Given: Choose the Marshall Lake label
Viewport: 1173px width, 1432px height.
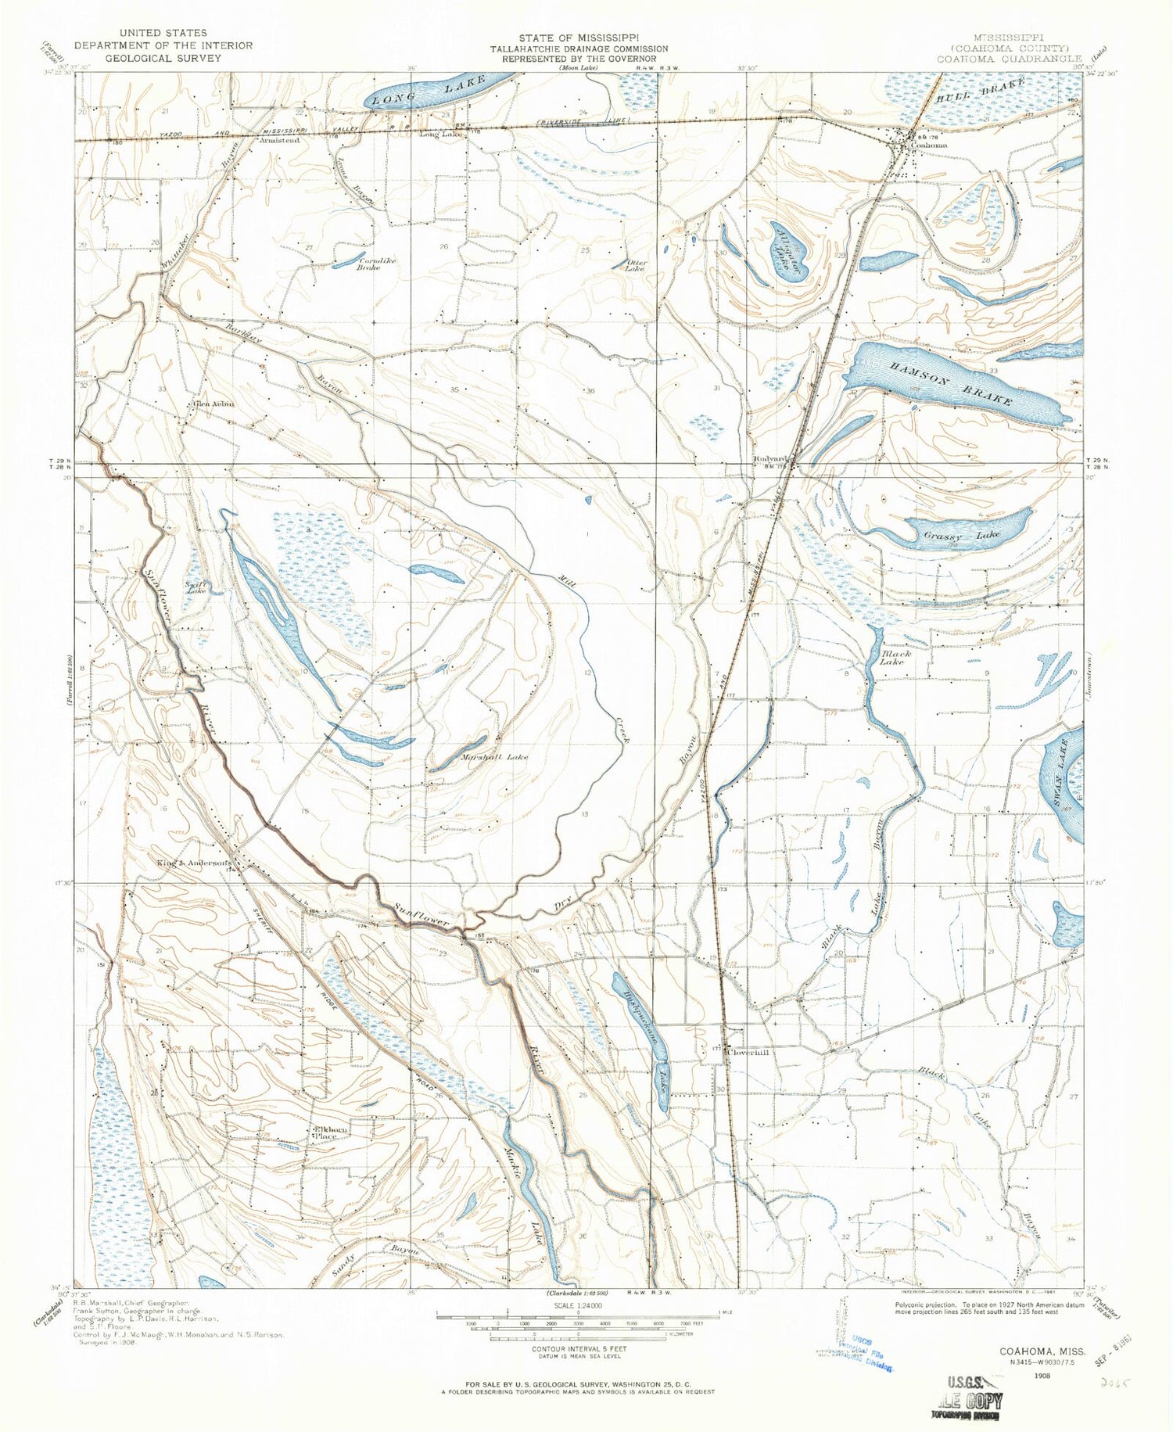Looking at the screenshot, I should [x=494, y=757].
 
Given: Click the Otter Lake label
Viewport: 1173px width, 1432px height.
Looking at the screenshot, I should [x=634, y=265].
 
